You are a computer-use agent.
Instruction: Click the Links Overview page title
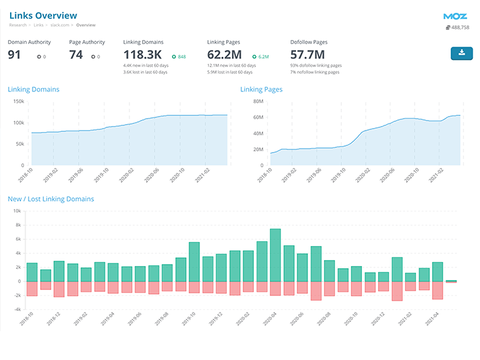click(43, 15)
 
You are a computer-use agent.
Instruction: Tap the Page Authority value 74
click(76, 55)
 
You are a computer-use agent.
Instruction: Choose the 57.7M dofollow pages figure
click(307, 55)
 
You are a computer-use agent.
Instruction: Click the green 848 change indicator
click(179, 57)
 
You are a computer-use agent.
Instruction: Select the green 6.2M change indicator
click(261, 57)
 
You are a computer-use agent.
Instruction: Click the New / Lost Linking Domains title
click(51, 199)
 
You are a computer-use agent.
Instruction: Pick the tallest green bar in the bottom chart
click(275, 255)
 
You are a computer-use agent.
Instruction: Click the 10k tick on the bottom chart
click(18, 211)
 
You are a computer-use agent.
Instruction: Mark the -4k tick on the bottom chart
click(17, 309)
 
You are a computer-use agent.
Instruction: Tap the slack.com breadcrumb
click(60, 25)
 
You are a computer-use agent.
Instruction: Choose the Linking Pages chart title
click(261, 89)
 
